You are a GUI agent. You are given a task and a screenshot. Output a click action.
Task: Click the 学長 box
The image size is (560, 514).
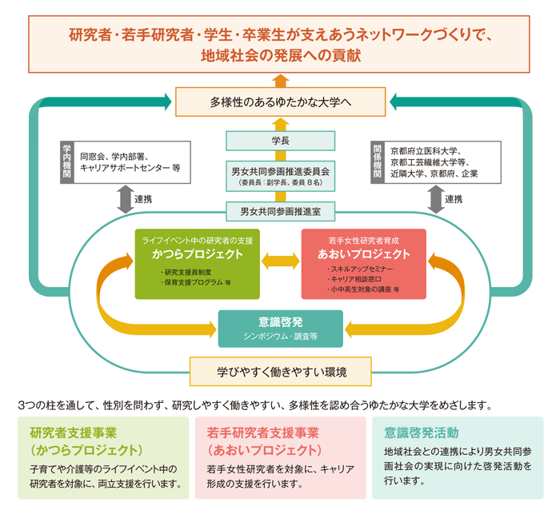click(280, 141)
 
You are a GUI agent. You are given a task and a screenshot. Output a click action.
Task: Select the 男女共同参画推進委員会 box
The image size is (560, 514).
click(280, 175)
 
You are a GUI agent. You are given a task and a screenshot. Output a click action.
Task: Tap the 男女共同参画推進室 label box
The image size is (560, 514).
click(280, 212)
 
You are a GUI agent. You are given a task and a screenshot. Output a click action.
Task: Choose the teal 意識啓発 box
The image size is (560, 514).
click(280, 328)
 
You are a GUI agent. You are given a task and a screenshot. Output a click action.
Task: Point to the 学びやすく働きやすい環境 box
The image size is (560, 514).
click(280, 372)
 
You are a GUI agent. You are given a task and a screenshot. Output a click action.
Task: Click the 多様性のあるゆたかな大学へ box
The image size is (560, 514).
click(280, 102)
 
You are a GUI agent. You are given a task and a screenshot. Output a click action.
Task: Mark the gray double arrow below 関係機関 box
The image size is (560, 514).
click(436, 199)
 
